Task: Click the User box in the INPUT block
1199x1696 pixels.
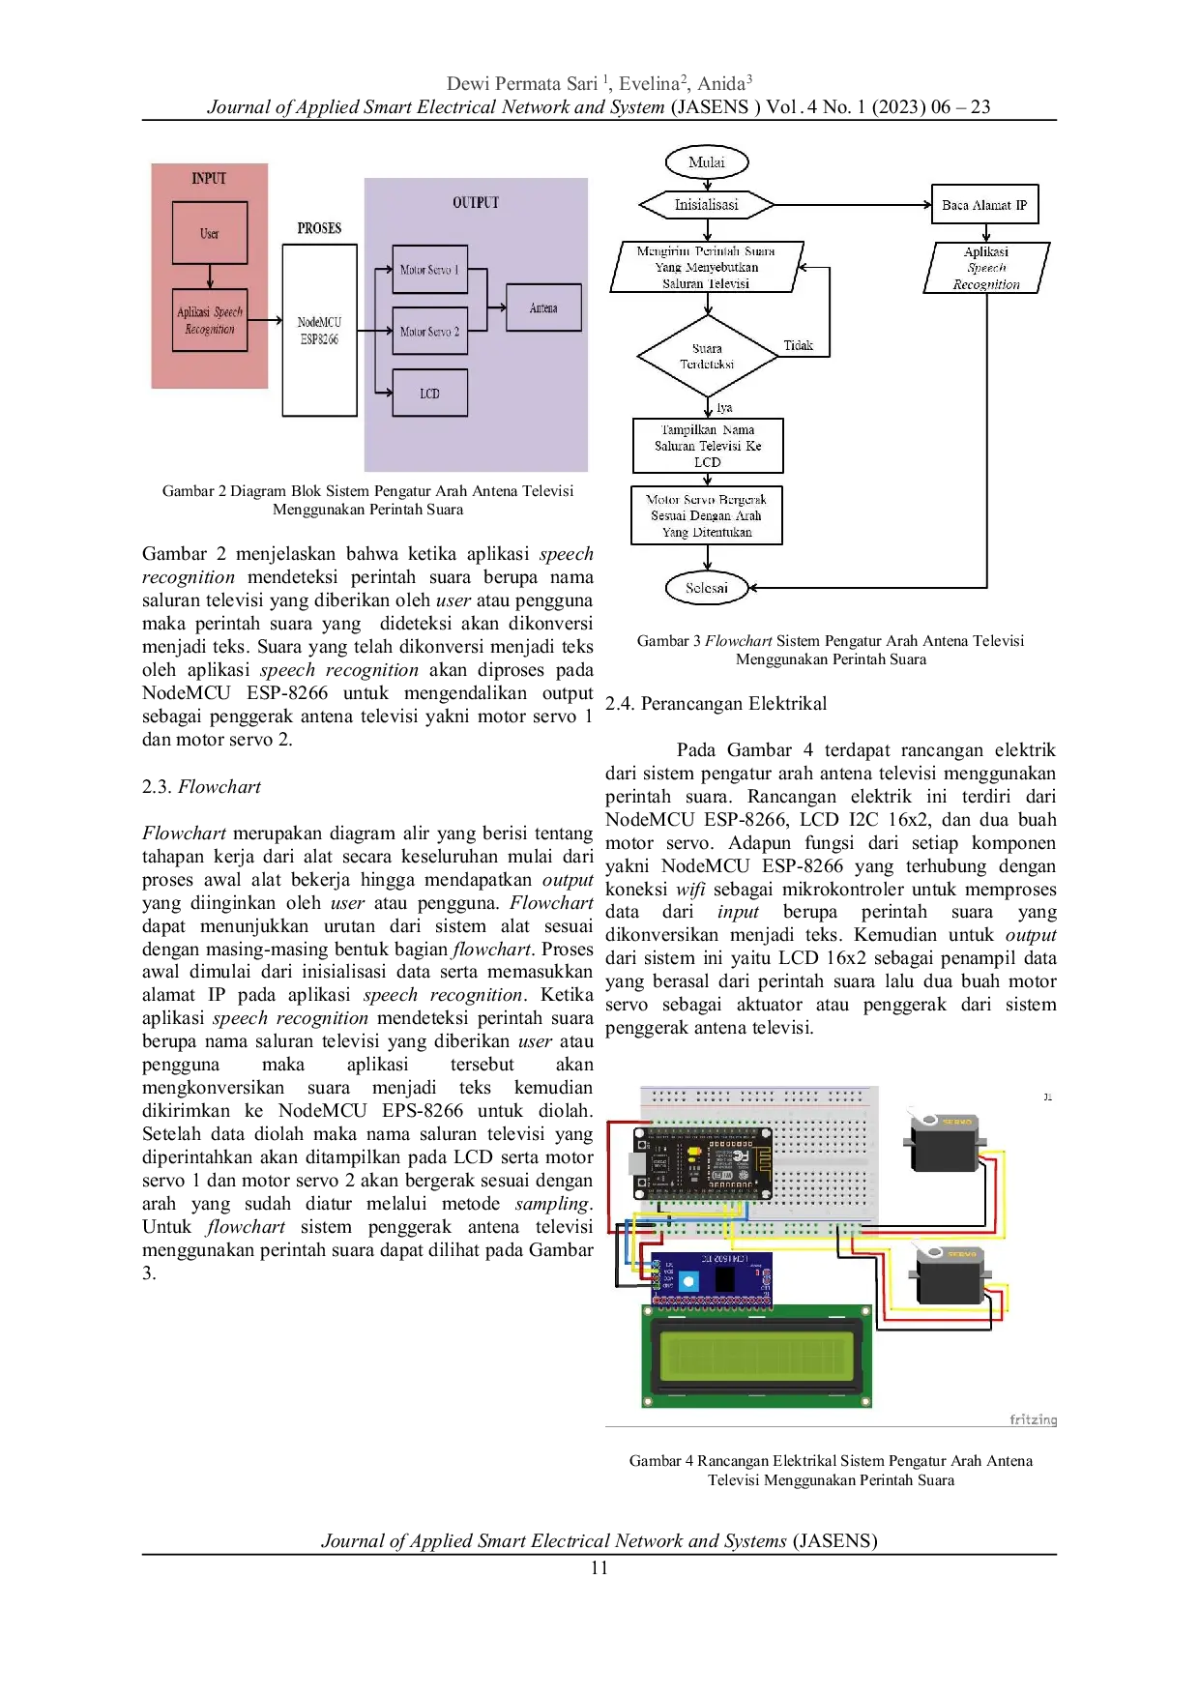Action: pos(210,233)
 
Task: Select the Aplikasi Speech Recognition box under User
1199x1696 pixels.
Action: pos(210,320)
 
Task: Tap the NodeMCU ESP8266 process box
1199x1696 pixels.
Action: pos(319,330)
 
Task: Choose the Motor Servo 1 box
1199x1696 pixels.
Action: pos(429,270)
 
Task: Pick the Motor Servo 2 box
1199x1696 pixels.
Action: pos(429,332)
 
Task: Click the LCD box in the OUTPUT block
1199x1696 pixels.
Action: pos(429,394)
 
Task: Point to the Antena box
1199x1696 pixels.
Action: pos(543,307)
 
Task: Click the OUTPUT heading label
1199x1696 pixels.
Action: pos(476,202)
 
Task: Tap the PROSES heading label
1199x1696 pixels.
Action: pos(319,228)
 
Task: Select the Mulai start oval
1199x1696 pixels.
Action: pos(707,162)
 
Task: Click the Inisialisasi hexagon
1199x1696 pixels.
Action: pos(707,205)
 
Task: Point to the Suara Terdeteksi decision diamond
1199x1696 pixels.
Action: pos(707,356)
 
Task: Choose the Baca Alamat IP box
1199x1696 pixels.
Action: pos(984,205)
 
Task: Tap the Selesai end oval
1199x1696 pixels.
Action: pos(707,588)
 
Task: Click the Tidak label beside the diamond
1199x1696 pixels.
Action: pos(799,345)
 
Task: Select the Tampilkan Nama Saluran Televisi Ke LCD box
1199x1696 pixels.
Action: pos(708,446)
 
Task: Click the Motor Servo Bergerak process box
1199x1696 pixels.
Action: pos(707,515)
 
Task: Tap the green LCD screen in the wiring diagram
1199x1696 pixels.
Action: pos(757,1354)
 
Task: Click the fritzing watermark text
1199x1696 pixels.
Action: pos(1033,1419)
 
